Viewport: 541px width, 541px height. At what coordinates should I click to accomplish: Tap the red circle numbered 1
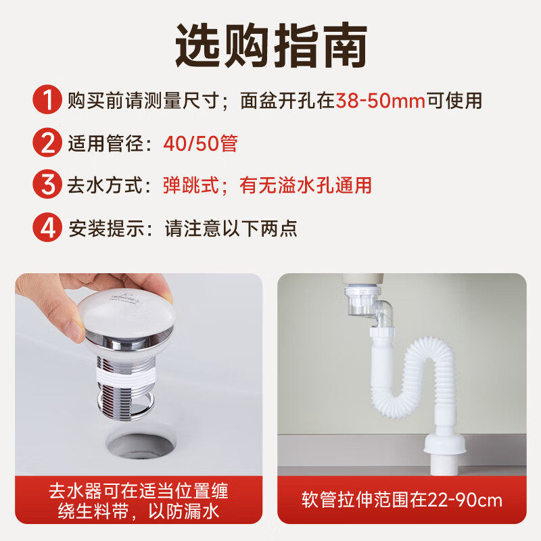click(x=47, y=101)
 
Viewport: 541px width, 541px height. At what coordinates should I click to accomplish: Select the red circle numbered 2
click(x=47, y=143)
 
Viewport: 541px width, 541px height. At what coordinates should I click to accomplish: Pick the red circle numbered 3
click(x=47, y=185)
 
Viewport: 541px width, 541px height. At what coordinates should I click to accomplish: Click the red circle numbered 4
click(x=47, y=228)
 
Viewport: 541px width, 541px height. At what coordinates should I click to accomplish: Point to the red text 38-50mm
click(x=381, y=101)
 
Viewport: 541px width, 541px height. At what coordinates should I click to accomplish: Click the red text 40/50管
click(x=200, y=143)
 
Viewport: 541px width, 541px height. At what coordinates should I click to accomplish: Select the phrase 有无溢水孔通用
click(x=305, y=185)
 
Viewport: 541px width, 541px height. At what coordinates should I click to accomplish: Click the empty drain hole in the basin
click(x=141, y=446)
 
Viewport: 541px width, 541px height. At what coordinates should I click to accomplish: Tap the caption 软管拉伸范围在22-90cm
click(x=402, y=500)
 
